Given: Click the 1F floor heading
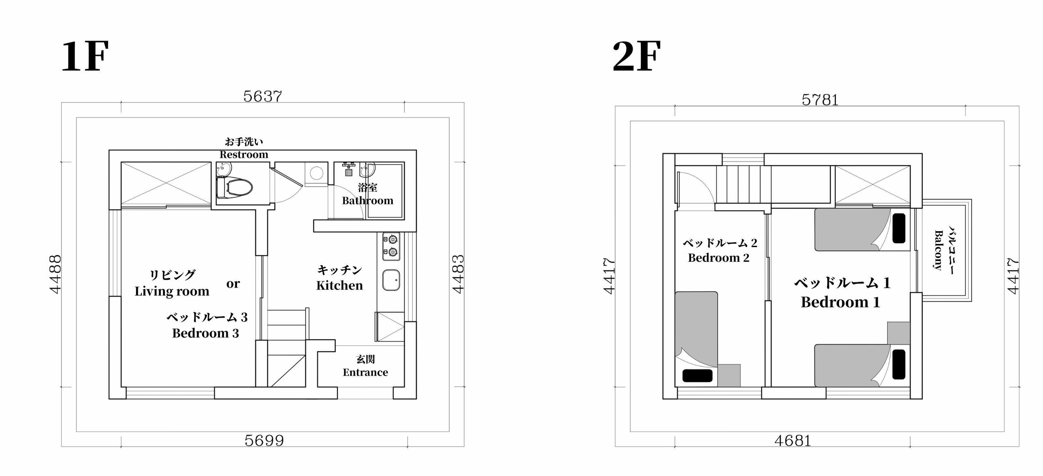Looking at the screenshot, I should click(85, 56).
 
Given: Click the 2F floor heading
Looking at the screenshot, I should click(637, 56).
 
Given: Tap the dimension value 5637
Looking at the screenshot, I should click(262, 96).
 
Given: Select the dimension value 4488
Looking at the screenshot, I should click(55, 274).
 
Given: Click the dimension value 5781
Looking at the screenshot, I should click(820, 100).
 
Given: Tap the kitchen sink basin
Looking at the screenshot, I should click(391, 280).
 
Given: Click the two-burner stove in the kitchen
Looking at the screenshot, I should click(391, 246).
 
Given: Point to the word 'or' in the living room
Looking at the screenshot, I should click(233, 284).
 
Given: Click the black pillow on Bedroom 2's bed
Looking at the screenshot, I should click(697, 375).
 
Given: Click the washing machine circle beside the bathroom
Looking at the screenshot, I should click(316, 174).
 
